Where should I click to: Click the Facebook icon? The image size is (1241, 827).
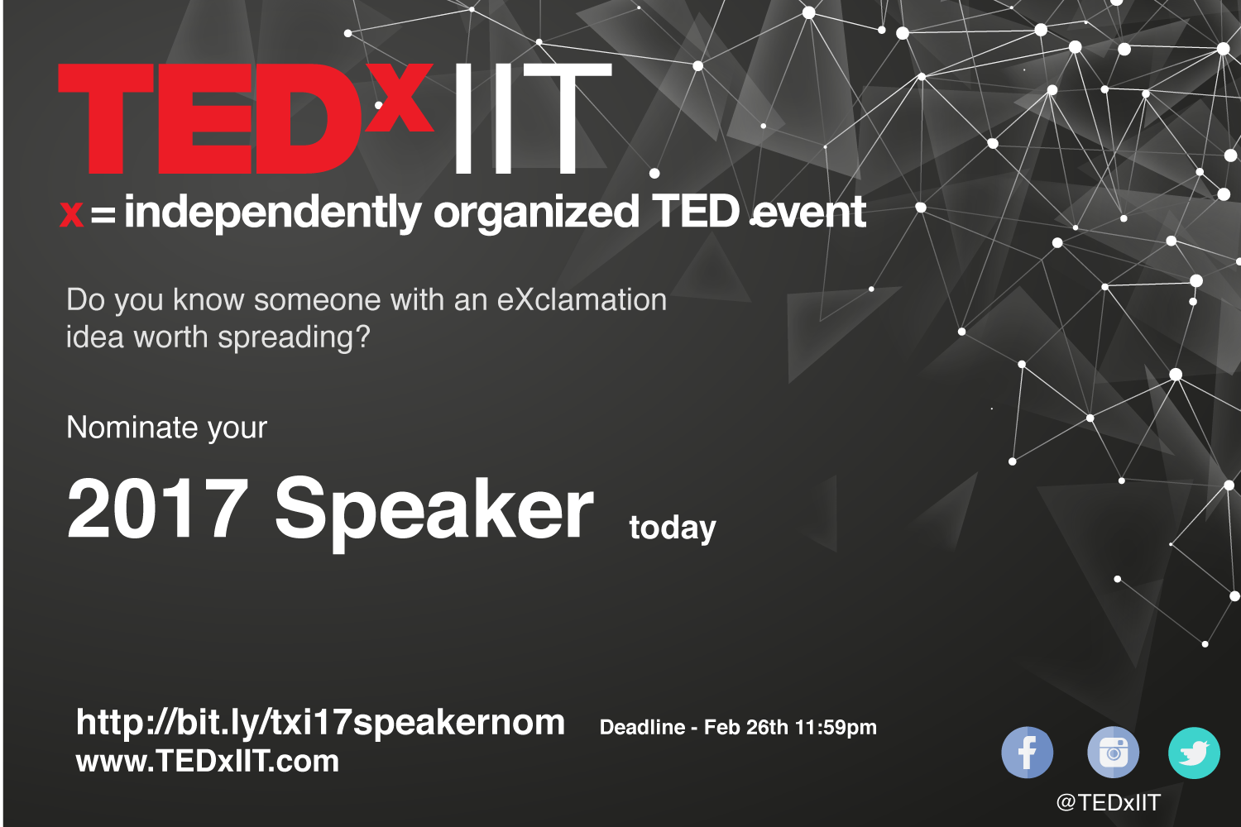coord(1027,753)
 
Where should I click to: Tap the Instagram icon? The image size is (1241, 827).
coord(1113,753)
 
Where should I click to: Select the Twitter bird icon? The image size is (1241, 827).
coord(1194,753)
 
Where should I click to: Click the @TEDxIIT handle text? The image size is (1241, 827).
coord(1108,803)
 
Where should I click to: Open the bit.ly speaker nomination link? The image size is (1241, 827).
coord(320,724)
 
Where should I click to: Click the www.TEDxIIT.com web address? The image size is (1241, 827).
coord(207,761)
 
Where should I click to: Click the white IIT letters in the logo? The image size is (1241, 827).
coord(533,118)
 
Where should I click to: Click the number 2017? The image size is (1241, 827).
coord(157,508)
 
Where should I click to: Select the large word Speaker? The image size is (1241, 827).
coord(434,514)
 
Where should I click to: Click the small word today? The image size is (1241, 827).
coord(673,529)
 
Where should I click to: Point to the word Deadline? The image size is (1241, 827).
coord(642,727)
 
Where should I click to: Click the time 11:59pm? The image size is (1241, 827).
coord(836,728)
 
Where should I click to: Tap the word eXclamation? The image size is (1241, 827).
coord(581,300)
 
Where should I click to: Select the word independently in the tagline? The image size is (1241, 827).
coord(272,213)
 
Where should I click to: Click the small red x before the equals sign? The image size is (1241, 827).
coord(71,214)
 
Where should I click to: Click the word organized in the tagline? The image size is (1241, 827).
coord(536,213)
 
